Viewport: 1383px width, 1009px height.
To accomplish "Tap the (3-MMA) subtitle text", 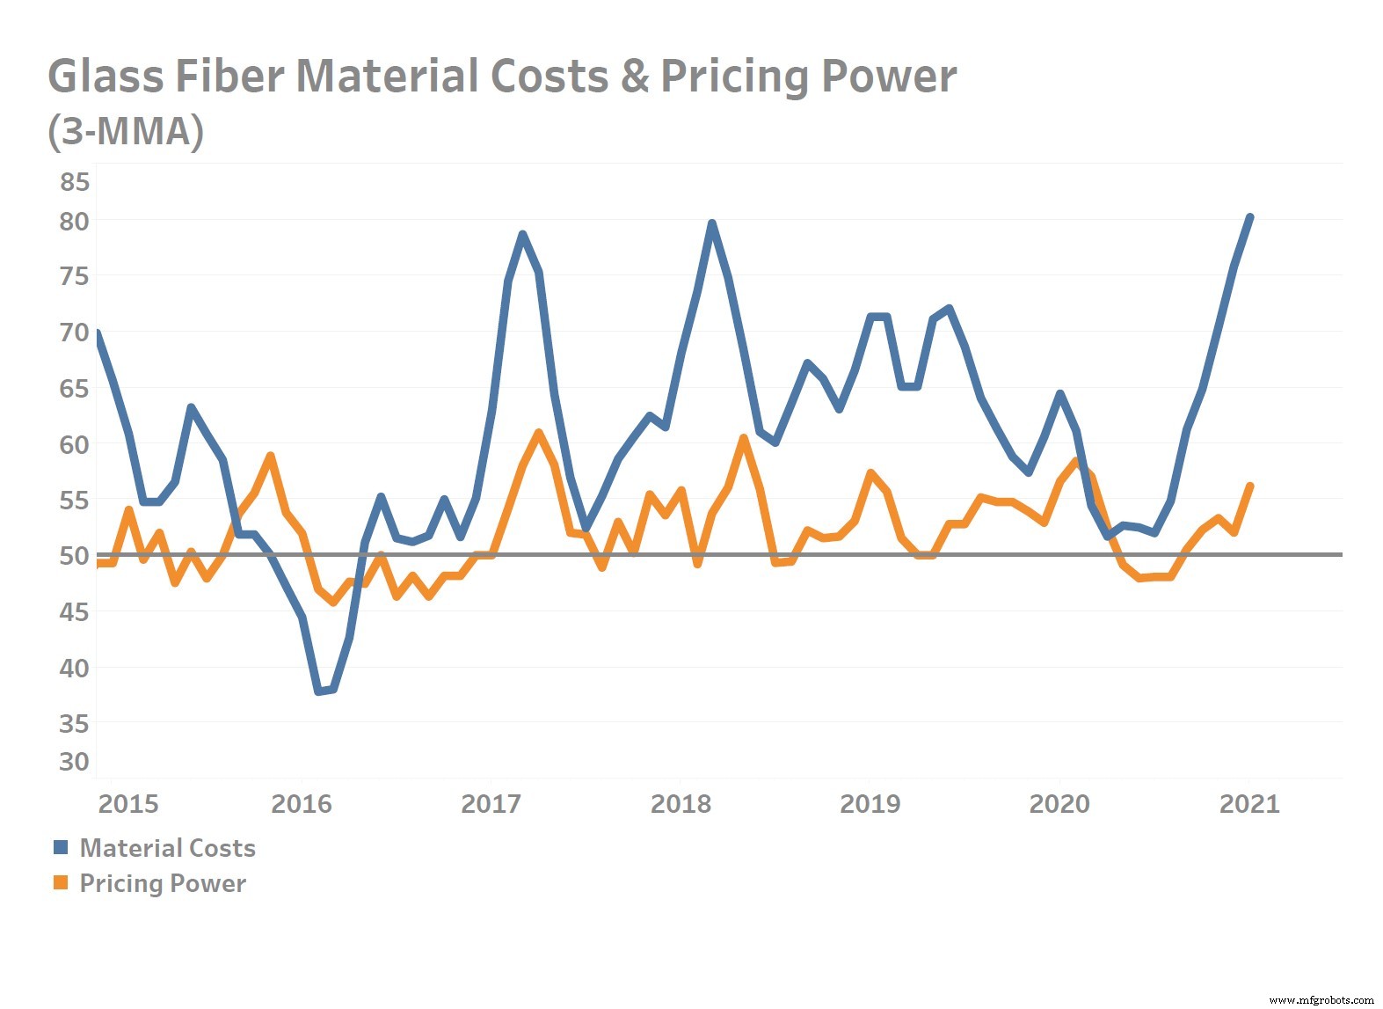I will point(126,131).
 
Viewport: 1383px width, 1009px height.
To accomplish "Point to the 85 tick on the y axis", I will point(75,182).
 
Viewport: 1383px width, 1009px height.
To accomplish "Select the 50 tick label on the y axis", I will point(75,556).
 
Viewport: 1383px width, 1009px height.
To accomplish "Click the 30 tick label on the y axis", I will point(75,762).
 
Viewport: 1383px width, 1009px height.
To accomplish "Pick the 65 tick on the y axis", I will point(75,389).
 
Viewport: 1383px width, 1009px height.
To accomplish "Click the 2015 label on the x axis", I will point(128,804).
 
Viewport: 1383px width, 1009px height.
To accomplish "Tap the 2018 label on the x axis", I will point(681,804).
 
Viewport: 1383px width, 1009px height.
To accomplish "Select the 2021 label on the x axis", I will point(1249,804).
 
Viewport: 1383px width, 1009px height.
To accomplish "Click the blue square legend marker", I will point(61,848).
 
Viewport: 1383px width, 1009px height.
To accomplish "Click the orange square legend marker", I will point(61,883).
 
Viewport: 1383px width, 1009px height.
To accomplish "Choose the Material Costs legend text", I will point(167,848).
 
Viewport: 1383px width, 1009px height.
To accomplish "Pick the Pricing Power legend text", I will point(163,883).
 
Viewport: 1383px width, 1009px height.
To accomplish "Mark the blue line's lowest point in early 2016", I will point(318,691).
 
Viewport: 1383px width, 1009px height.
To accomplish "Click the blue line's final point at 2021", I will point(1249,217).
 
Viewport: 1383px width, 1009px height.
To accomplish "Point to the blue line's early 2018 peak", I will point(711,223).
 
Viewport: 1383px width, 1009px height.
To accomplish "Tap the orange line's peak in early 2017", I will point(538,432).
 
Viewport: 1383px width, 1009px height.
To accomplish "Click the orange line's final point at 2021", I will point(1249,486).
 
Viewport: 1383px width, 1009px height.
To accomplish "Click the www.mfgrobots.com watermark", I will point(1321,999).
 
